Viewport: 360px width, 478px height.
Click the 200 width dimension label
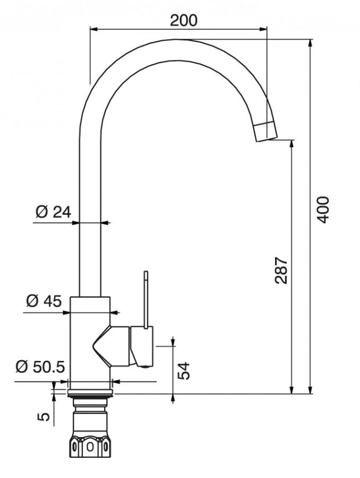[183, 20]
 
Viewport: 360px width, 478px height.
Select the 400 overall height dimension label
[323, 210]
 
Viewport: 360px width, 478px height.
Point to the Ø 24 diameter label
[53, 212]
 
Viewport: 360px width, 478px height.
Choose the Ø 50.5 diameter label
[40, 367]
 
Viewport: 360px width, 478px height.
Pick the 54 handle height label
[184, 370]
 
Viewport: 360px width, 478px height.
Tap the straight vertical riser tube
[89, 212]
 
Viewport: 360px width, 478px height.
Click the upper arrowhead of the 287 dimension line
[292, 143]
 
